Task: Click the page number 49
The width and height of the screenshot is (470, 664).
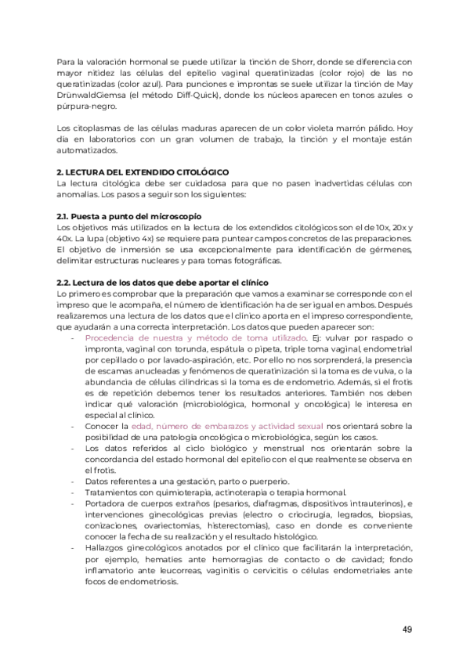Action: tap(407, 630)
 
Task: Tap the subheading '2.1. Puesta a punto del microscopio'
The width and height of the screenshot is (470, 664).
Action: tap(129, 215)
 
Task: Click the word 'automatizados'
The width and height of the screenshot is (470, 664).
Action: tap(89, 150)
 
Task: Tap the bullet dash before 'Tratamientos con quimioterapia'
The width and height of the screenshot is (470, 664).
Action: tap(73, 492)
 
